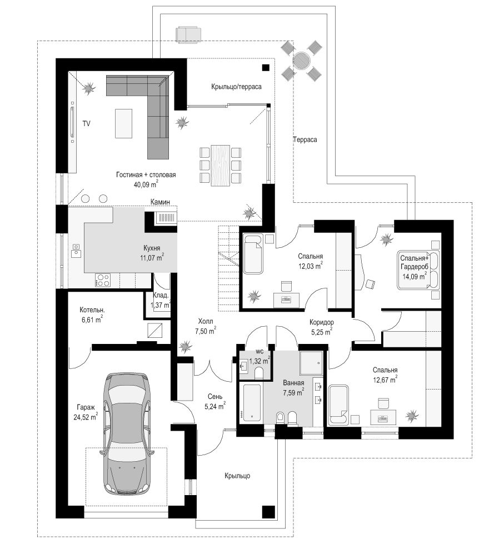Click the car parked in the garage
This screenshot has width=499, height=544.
coord(128,434)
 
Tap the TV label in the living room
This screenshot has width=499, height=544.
coord(86,123)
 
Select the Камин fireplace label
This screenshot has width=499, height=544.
coord(160,202)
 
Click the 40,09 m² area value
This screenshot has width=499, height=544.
coord(146,184)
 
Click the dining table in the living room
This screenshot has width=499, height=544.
coord(221,165)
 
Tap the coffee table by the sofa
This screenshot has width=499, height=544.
coord(123,123)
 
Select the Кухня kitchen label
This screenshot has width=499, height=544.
coord(152,248)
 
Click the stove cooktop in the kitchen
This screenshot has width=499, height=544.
coord(103,280)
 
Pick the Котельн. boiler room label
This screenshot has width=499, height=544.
coord(92,310)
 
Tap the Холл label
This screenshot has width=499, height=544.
coord(206,321)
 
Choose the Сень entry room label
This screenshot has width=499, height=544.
coord(215,397)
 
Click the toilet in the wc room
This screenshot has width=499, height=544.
coord(259,373)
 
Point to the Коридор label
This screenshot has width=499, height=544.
coord(322,322)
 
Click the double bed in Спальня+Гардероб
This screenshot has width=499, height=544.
coord(418,269)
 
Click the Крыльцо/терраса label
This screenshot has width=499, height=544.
coord(236,87)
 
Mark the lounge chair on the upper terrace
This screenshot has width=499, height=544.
coord(188,34)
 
